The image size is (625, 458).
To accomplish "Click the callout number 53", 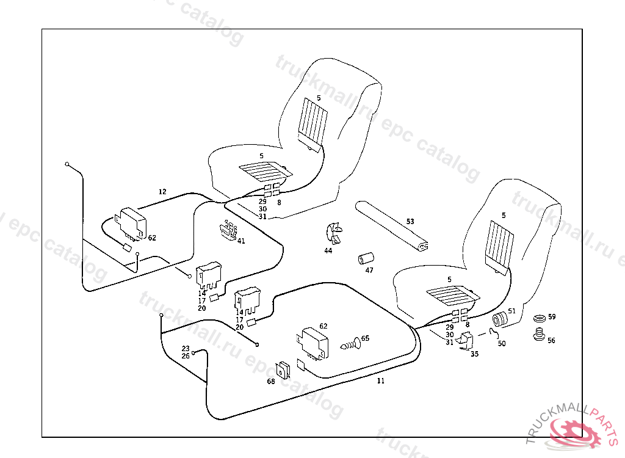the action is click(x=410, y=221).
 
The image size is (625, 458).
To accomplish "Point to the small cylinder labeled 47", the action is click(x=365, y=258).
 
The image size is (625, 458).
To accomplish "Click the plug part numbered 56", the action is click(x=538, y=335).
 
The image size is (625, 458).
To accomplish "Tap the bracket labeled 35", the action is click(x=468, y=342).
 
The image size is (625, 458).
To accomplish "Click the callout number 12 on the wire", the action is click(x=162, y=192).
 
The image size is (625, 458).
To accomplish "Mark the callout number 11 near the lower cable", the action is click(x=380, y=381).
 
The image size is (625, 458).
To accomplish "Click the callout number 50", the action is click(x=502, y=343).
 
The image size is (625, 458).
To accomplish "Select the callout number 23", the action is click(x=186, y=349).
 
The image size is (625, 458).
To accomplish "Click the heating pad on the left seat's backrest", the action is click(x=312, y=120).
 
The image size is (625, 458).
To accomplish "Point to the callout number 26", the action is click(x=186, y=356).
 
